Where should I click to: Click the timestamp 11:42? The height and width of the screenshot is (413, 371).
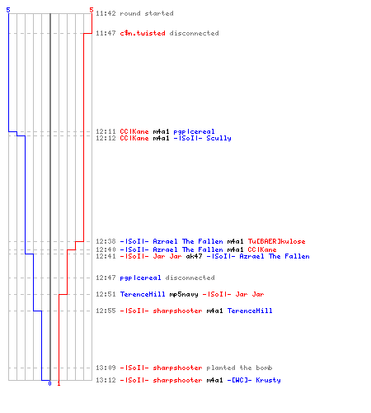106,13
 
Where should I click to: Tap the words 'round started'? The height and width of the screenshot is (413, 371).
147,13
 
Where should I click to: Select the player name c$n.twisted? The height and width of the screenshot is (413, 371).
143,33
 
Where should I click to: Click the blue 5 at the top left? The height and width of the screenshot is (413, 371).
8,10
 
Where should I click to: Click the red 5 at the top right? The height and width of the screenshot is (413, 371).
92,10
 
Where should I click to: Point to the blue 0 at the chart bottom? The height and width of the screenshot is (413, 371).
49,383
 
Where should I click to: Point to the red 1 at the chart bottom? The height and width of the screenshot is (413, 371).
59,383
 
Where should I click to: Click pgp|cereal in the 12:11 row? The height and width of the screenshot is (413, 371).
194,131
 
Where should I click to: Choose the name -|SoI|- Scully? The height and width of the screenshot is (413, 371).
202,138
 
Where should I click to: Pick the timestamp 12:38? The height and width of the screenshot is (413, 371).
106,241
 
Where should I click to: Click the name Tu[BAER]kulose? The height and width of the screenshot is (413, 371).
276,241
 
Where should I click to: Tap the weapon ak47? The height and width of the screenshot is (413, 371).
194,256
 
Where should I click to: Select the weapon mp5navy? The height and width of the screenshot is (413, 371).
184,294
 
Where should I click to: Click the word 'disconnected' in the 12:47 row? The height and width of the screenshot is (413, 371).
190,278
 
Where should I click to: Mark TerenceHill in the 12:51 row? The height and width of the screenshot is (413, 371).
143,294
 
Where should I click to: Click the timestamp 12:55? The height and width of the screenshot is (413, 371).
106,311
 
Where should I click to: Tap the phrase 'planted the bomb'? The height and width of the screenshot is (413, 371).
239,368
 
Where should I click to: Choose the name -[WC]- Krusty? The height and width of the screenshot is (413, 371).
254,380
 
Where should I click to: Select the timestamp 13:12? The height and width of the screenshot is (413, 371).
106,380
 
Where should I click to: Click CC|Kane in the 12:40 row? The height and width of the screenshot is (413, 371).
262,249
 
